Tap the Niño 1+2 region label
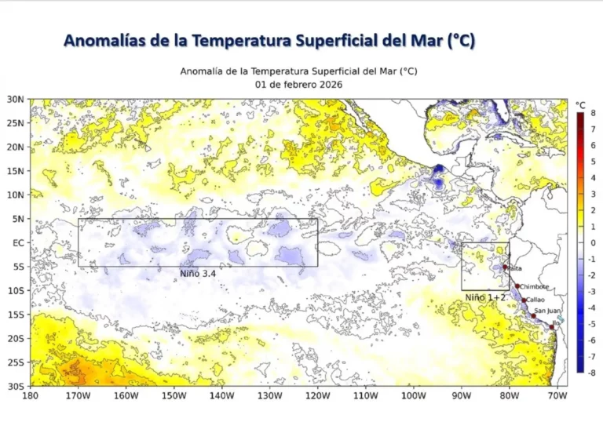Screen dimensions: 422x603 [484, 297]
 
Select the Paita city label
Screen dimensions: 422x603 [515, 268]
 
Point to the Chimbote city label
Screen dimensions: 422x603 [534, 287]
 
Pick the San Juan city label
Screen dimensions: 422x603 [547, 311]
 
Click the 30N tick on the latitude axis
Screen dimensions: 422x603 [16, 99]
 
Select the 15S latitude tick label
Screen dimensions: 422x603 [17, 315]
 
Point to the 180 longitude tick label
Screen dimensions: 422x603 [31, 396]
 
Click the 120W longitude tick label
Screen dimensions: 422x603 [317, 396]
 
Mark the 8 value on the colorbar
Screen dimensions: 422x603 [593, 113]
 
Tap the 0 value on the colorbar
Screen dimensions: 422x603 [593, 242]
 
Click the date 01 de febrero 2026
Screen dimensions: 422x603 [298, 84]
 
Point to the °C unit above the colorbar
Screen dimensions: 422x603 [580, 104]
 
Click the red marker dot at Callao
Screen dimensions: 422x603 [524, 300]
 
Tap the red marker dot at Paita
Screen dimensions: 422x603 [505, 267]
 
